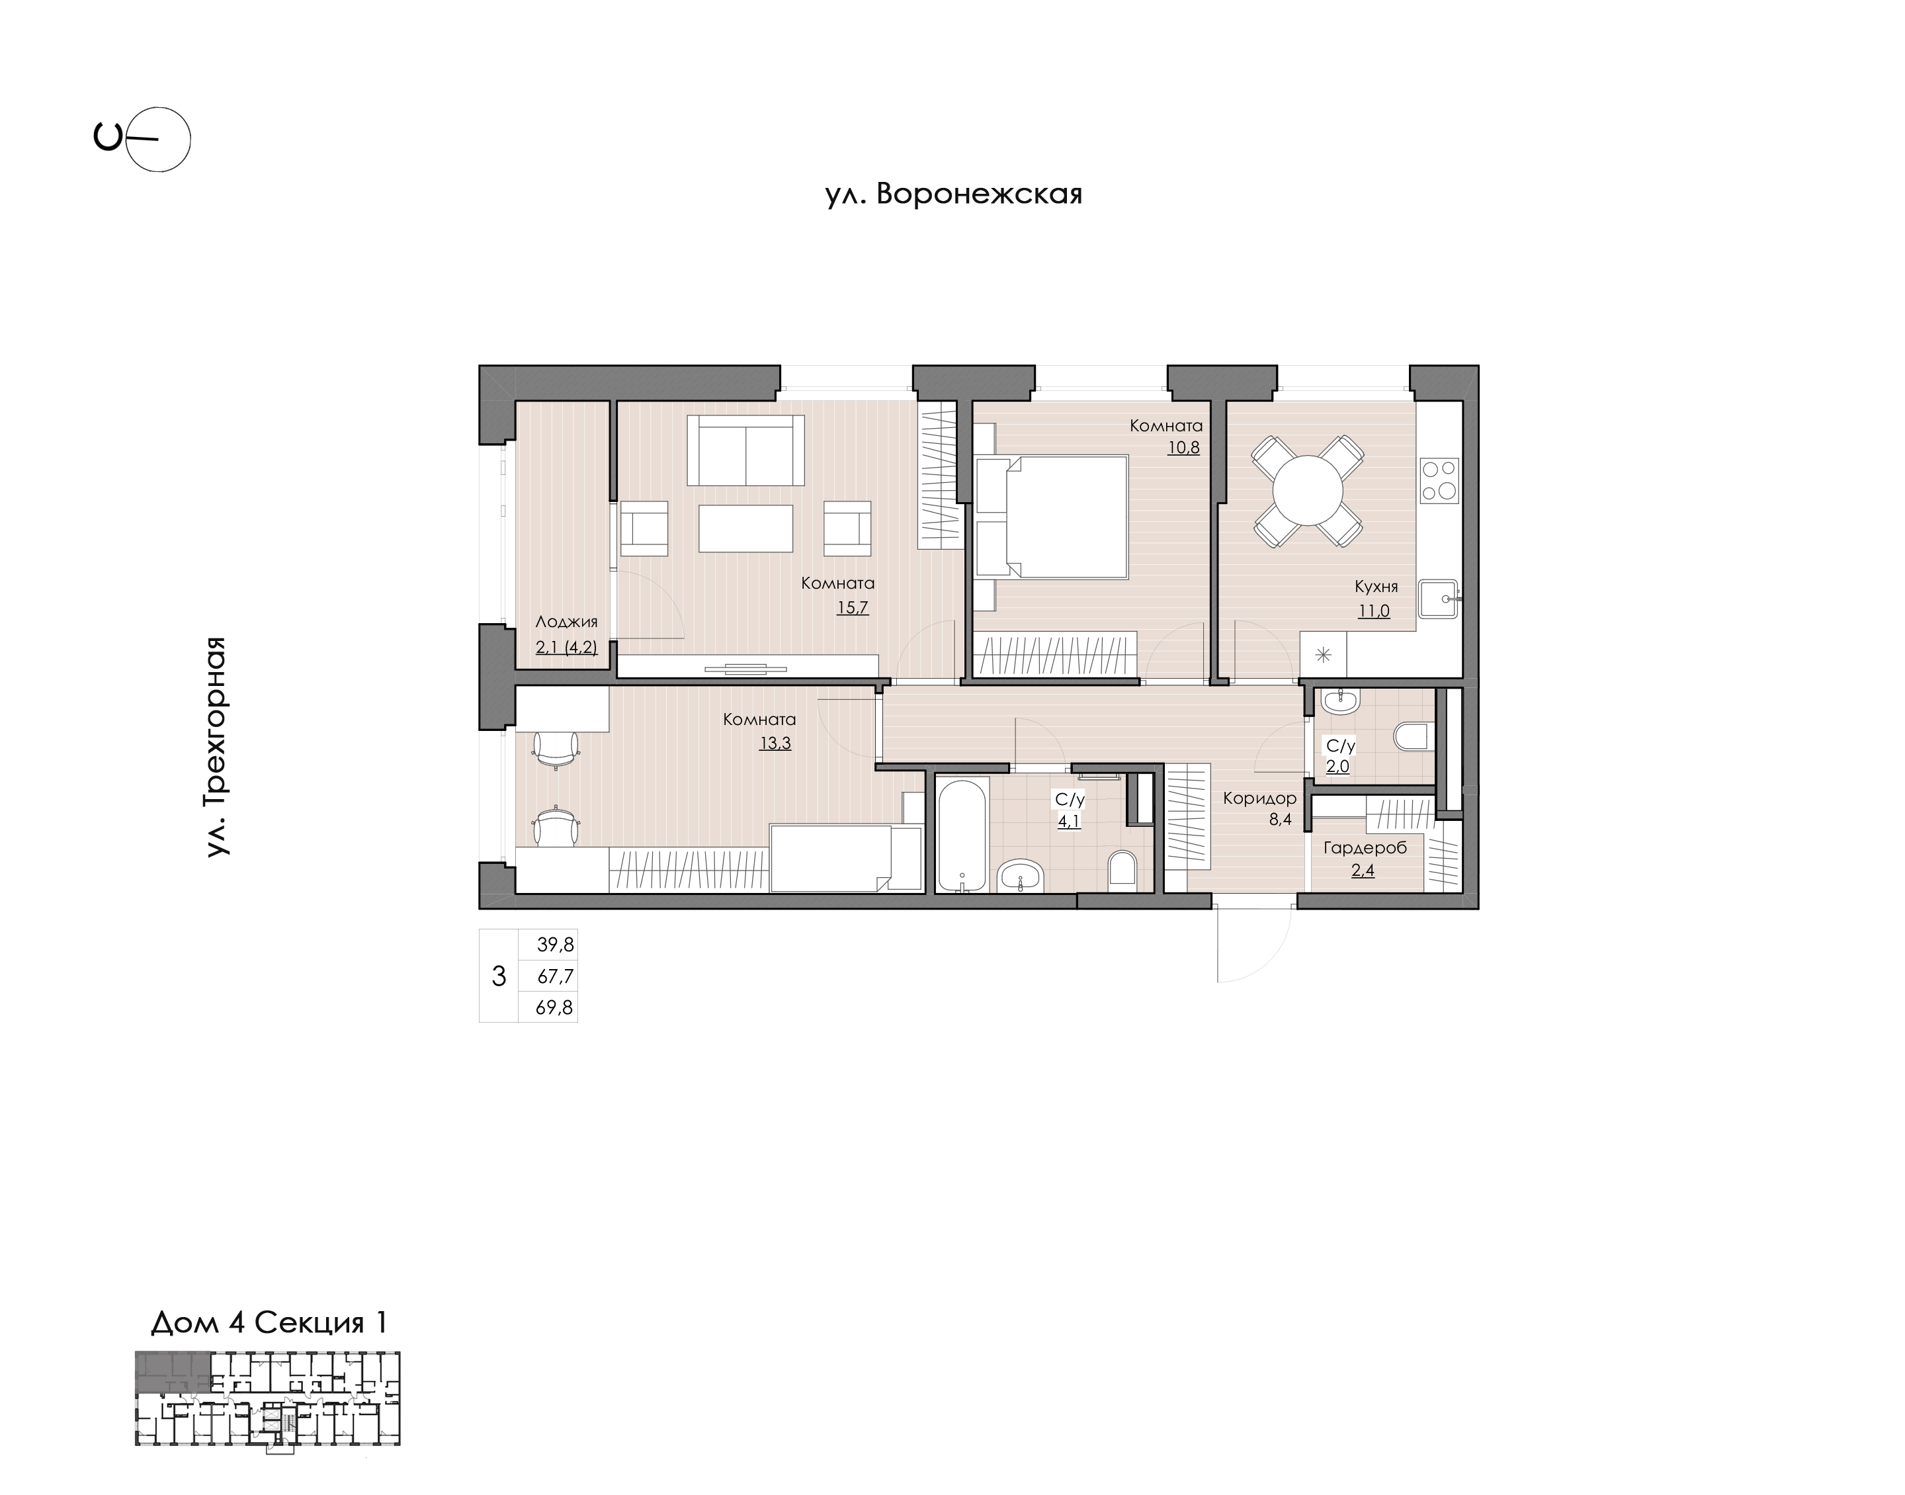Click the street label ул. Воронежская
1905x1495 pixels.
954,194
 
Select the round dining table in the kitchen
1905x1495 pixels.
1307,490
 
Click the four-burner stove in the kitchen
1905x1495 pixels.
1439,480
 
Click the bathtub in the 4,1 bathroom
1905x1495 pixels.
962,835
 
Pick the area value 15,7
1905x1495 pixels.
853,607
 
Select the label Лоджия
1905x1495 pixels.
566,622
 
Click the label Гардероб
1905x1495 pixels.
1365,848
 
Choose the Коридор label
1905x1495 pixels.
1259,798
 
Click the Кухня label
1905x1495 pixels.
1376,587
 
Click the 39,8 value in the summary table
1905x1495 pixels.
555,945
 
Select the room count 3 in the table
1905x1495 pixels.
499,976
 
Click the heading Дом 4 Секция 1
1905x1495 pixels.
269,1322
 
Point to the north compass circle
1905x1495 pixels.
158,139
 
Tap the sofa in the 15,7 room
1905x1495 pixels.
745,450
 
